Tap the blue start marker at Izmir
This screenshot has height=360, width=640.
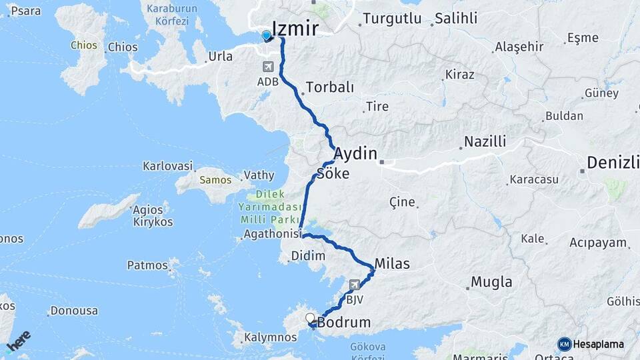[x=267, y=36]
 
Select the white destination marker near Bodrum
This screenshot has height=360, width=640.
[x=310, y=318]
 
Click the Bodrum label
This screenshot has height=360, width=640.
[x=344, y=323]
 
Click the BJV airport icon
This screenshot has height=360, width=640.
[x=354, y=285]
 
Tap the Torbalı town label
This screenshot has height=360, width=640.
[x=329, y=87]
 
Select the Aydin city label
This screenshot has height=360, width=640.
[x=355, y=153]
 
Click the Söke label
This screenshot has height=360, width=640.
[x=333, y=173]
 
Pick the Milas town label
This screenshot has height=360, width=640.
[x=392, y=263]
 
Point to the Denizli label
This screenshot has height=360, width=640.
[x=613, y=162]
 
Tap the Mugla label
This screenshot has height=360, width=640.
[x=491, y=282]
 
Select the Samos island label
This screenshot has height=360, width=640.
[x=215, y=180]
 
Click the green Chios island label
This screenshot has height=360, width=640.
[x=83, y=45]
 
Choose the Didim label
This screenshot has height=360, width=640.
[x=308, y=256]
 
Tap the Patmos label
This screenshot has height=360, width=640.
[x=147, y=265]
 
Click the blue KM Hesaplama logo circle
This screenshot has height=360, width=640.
[x=565, y=344]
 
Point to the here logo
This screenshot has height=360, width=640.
[x=19, y=341]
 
